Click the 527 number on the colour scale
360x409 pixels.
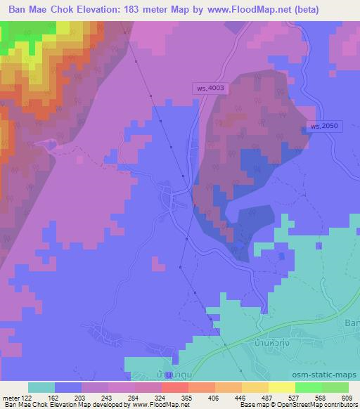tap(294, 398)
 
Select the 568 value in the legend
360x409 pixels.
tap(321, 398)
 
